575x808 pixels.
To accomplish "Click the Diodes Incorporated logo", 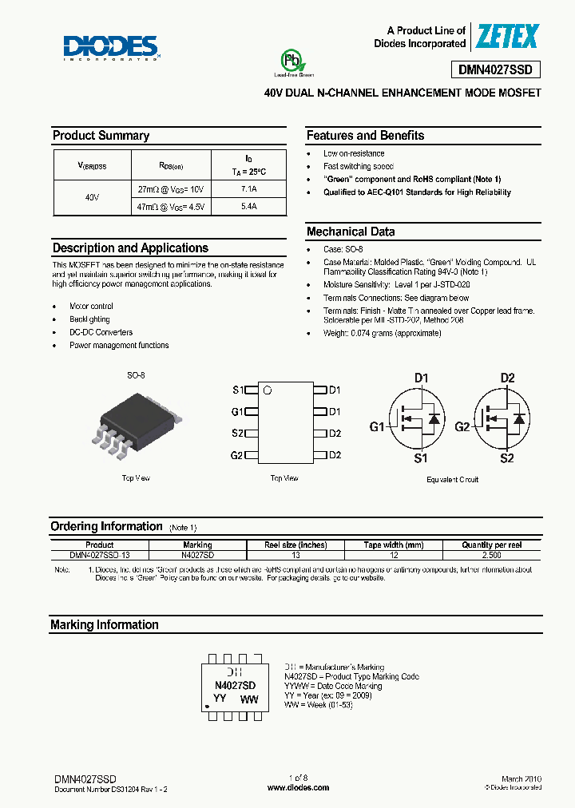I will [113, 47].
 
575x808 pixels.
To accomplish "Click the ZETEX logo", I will [508, 36].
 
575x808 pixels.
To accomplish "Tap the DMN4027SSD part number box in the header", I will [501, 69].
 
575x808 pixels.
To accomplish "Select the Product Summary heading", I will [101, 136].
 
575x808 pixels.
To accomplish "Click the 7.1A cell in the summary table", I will [248, 189].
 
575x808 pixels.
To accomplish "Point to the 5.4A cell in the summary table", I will [248, 206].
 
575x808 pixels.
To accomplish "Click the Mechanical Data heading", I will [351, 232].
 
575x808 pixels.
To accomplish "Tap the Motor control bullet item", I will [91, 307].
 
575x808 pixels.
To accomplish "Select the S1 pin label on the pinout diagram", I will [237, 390].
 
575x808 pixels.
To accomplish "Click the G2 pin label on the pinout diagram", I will [236, 455].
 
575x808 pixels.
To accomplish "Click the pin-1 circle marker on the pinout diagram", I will [268, 390].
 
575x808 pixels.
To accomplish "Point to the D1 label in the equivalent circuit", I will [421, 378].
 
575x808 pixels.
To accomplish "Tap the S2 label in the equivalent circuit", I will [507, 458].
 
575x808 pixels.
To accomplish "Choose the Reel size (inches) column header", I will [295, 545].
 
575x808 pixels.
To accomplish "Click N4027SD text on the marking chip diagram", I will [236, 685].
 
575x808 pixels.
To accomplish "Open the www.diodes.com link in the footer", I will [298, 787].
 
